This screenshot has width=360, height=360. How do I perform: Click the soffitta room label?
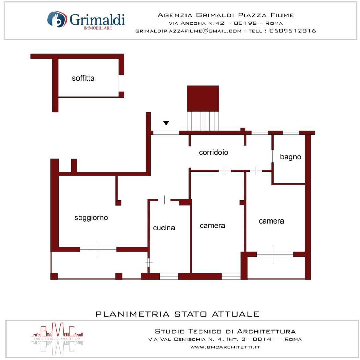(x=83, y=78)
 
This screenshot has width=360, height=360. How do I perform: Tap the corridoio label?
(x=214, y=152)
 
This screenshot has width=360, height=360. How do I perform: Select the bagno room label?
(x=290, y=157)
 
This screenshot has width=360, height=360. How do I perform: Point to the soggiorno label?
(x=91, y=218)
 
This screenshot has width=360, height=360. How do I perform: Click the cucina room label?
(x=164, y=228)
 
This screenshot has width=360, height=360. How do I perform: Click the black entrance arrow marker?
(x=166, y=123)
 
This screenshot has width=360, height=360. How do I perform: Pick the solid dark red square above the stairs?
(x=203, y=99)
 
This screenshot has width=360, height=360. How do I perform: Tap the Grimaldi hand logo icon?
(x=57, y=19)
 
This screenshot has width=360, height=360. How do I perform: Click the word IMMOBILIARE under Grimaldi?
(x=98, y=28)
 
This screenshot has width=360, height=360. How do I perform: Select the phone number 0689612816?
(x=293, y=31)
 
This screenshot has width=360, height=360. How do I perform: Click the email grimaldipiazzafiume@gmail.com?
(x=189, y=31)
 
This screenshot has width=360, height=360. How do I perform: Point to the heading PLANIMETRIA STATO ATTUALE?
(x=178, y=314)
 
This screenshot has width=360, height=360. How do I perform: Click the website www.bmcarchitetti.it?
(x=225, y=347)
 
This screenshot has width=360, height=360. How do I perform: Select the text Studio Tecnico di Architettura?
(x=225, y=331)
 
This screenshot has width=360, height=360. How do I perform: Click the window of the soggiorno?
(x=98, y=249)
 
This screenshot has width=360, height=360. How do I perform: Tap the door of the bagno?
(x=272, y=156)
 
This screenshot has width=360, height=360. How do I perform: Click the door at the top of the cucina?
(x=164, y=200)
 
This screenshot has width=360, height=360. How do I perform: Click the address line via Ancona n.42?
(x=226, y=23)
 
